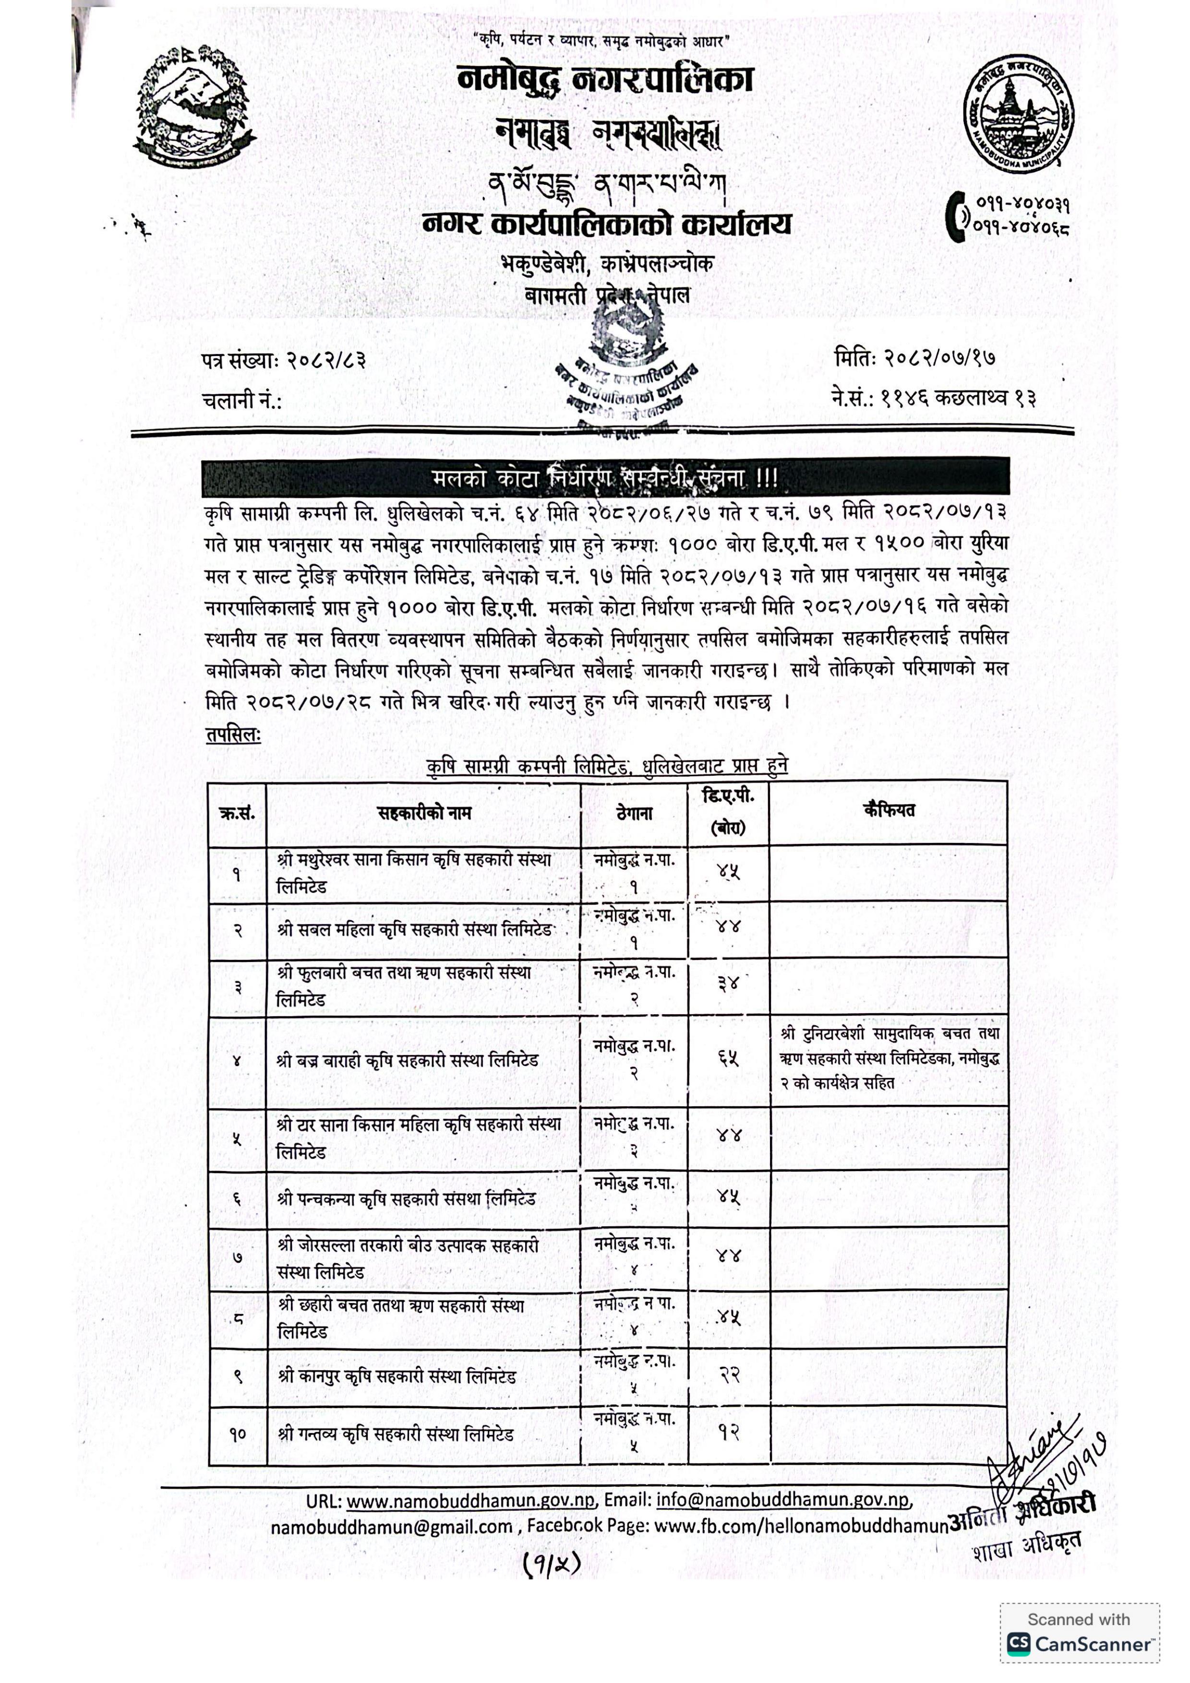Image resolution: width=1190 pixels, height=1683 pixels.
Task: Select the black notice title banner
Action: point(606,478)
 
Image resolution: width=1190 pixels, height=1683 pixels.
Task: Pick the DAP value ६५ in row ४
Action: point(728,1060)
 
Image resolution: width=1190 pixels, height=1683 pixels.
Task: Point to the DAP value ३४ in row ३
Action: point(728,984)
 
